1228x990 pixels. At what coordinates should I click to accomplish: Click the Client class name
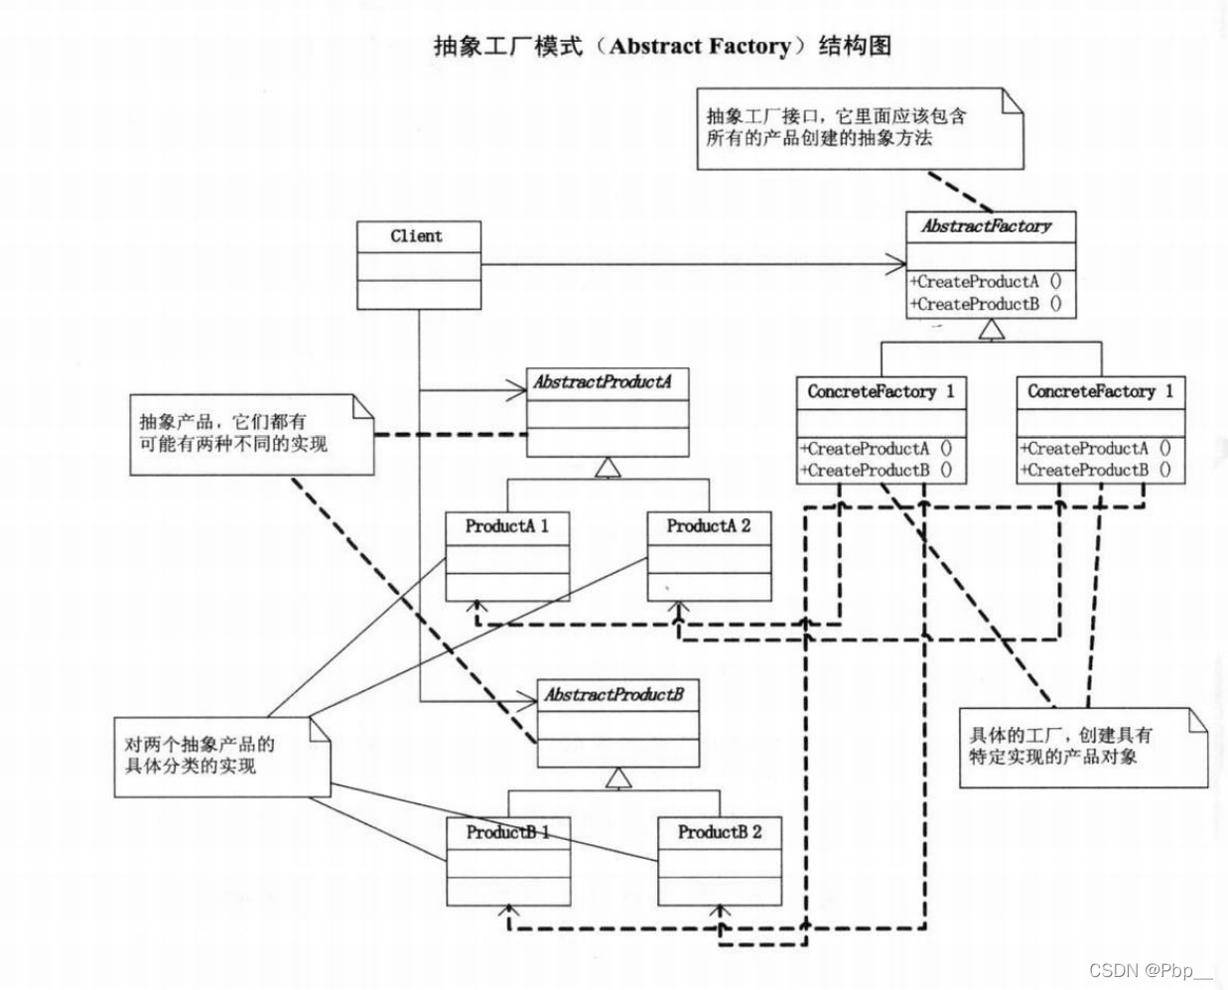click(x=417, y=236)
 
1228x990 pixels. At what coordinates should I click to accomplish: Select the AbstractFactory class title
click(x=986, y=226)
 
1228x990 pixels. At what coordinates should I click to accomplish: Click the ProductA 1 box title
click(x=506, y=526)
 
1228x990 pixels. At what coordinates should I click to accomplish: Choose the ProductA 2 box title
click(x=708, y=526)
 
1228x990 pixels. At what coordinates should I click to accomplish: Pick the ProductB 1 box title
click(x=507, y=832)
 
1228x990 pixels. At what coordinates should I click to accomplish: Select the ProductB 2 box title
click(x=719, y=832)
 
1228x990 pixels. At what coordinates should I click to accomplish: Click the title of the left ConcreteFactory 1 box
click(x=880, y=392)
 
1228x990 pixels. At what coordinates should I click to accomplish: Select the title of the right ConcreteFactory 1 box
click(x=1100, y=392)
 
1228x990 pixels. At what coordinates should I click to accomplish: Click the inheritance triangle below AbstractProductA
click(x=608, y=468)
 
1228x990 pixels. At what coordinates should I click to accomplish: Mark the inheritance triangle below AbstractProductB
click(x=619, y=778)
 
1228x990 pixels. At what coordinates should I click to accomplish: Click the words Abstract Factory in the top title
click(x=701, y=46)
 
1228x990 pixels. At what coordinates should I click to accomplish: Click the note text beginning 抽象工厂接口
click(x=836, y=116)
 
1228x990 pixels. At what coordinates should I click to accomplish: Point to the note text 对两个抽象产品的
click(x=200, y=744)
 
